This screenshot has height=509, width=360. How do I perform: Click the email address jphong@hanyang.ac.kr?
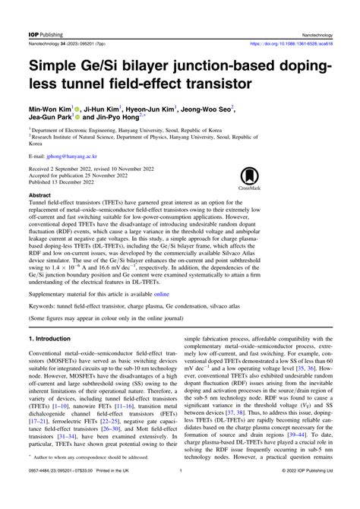pos(69,163)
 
